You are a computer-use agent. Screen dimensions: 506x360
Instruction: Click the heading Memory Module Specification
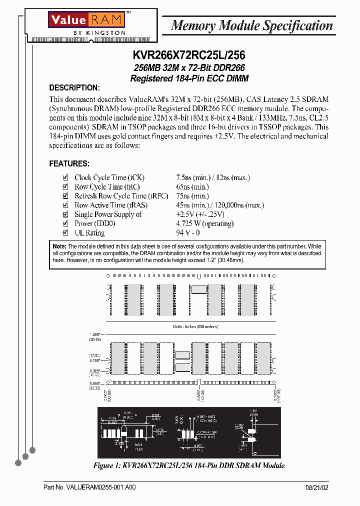click(252, 25)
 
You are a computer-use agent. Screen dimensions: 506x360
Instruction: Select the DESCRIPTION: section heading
click(74, 88)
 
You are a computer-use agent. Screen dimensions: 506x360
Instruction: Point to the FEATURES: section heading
click(69, 163)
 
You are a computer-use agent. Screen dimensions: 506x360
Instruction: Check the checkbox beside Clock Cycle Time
click(65, 177)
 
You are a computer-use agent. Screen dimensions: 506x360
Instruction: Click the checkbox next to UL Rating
click(65, 232)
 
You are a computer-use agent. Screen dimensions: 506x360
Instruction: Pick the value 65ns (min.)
click(192, 186)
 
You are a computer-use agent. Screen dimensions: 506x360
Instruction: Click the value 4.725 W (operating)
click(205, 223)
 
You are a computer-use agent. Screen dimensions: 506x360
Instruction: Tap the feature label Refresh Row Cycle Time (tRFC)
click(121, 196)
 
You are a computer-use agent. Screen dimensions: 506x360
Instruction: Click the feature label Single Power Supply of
click(108, 214)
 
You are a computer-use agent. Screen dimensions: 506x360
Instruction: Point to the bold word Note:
click(59, 246)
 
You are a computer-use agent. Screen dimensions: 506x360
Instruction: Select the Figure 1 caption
click(189, 465)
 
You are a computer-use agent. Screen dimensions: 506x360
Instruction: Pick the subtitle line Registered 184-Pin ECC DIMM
click(189, 78)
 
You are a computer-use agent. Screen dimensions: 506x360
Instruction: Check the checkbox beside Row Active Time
click(65, 205)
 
